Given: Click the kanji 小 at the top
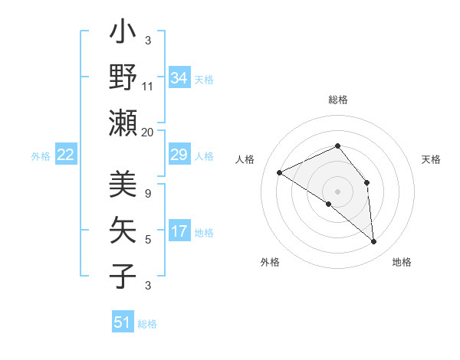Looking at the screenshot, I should [123, 33].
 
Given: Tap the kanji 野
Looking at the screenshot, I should [123, 77].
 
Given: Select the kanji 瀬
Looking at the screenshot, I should [123, 123].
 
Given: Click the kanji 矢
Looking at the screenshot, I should [123, 230].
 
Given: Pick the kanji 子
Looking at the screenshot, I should [123, 275].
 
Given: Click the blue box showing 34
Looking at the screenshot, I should [179, 78].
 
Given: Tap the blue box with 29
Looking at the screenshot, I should [179, 155].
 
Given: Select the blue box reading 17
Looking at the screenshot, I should [179, 231].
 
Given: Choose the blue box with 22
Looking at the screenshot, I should [66, 155].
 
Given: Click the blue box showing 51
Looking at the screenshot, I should [123, 322].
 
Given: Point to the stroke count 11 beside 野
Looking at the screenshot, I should [148, 87].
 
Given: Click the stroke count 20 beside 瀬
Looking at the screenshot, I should [148, 132].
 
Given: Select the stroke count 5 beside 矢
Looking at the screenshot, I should [148, 240].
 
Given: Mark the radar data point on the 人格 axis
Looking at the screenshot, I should [280, 173].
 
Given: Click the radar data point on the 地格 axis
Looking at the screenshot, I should [374, 242].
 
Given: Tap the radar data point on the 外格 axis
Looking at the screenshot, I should [329, 205].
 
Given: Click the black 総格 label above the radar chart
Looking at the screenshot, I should [338, 100].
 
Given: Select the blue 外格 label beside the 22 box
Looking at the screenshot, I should [41, 155].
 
